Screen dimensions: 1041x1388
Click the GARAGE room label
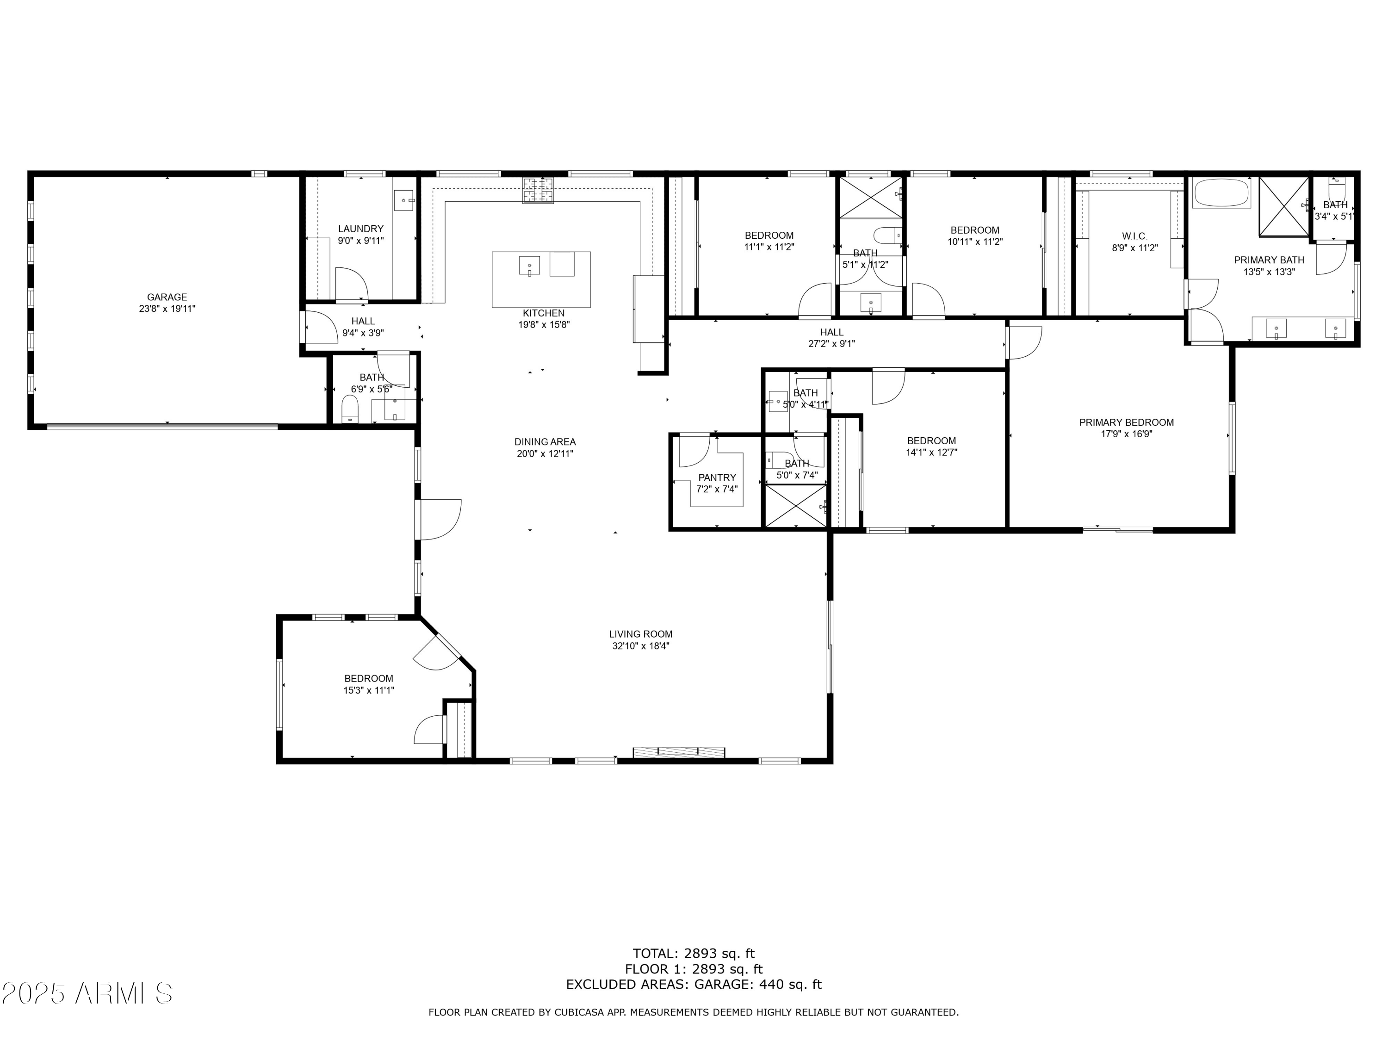pyautogui.click(x=167, y=297)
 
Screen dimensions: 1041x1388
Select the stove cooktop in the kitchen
pyautogui.click(x=539, y=190)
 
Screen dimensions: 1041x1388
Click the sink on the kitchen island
pyautogui.click(x=529, y=266)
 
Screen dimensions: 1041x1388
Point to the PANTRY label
pyautogui.click(x=717, y=477)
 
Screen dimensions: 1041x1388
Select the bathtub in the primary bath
pyautogui.click(x=1222, y=193)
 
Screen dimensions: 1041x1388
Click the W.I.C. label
pyautogui.click(x=1134, y=236)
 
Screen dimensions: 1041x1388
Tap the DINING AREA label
pyautogui.click(x=545, y=442)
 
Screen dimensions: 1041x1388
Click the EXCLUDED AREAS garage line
pyautogui.click(x=694, y=985)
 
